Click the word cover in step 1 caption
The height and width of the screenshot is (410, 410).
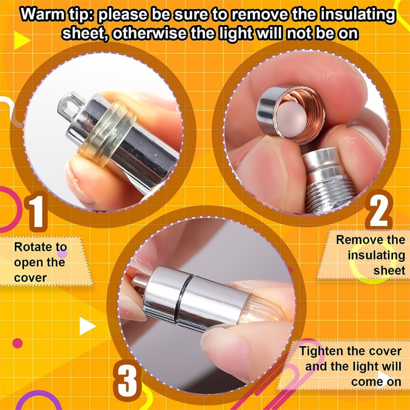30,278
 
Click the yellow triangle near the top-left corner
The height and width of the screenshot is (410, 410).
21,40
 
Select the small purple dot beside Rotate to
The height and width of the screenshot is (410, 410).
62,253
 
